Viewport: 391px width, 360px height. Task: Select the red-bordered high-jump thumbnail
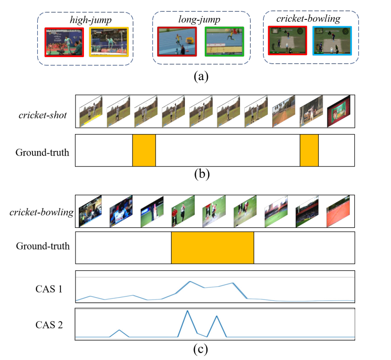65,42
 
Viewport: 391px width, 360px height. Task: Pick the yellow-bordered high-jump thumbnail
109,42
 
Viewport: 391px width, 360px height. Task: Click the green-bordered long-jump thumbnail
224,41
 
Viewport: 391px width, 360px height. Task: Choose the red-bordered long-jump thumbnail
177,41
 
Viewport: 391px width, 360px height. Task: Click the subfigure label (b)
202,174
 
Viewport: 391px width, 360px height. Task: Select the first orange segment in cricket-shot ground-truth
144,151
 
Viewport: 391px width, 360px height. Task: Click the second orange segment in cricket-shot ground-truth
309,151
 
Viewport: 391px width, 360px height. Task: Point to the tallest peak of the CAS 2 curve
188,311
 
